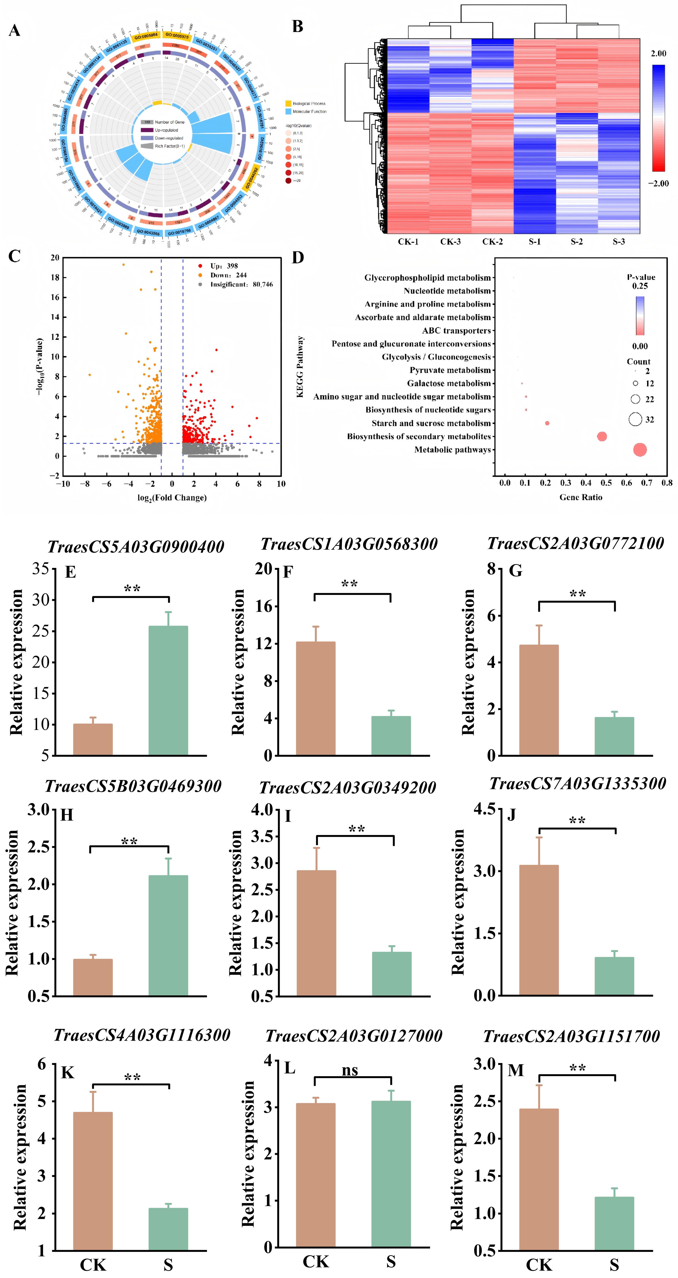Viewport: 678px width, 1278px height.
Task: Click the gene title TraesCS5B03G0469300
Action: click(133, 786)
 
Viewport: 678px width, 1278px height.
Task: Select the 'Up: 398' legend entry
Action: click(224, 266)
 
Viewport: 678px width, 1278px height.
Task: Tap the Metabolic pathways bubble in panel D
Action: click(640, 450)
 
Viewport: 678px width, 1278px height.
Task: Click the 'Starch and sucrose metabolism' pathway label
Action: click(431, 423)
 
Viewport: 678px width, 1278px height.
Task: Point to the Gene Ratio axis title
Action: click(581, 497)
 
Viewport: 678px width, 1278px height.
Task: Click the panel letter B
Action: click(298, 26)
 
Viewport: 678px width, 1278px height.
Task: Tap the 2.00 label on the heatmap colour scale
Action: click(658, 54)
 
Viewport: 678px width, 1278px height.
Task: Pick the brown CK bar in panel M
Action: click(539, 1179)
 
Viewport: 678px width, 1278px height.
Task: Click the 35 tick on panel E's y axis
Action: click(41, 569)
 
